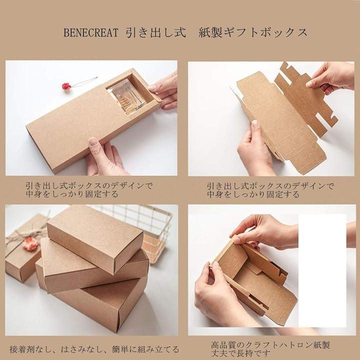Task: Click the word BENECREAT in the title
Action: pyautogui.click(x=90, y=33)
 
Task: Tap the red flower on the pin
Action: pyautogui.click(x=66, y=86)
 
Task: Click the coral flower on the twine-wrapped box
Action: pyautogui.click(x=31, y=244)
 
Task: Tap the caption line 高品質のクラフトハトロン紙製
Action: pyautogui.click(x=270, y=344)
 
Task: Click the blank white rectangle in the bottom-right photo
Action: pyautogui.click(x=322, y=270)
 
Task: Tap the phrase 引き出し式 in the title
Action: pyautogui.click(x=156, y=32)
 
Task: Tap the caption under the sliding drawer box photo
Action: pyautogui.click(x=89, y=190)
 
